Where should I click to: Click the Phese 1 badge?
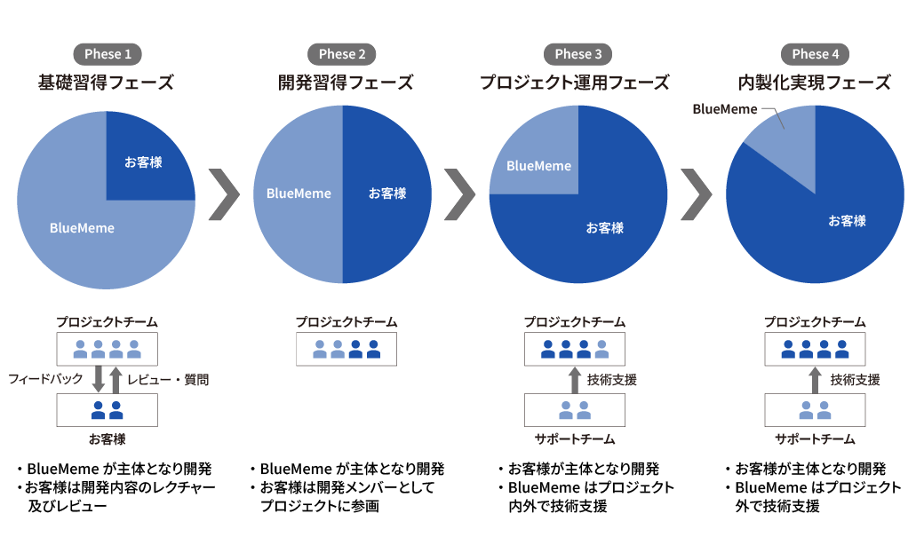pos(108,54)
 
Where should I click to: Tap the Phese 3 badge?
pos(577,54)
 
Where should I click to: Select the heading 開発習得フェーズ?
pos(346,83)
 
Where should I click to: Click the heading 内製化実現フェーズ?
pos(815,83)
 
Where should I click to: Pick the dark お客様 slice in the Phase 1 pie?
pos(143,162)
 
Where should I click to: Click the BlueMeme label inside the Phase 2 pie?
pos(299,194)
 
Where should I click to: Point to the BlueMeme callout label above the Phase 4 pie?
pos(725,109)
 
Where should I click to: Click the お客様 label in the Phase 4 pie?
pos(847,221)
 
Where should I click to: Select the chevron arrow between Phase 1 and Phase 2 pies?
pos(225,194)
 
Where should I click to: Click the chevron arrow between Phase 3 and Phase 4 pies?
pos(697,194)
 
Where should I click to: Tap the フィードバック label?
pos(45,379)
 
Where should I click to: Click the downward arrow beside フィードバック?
pos(99,379)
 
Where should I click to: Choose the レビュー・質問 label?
pos(168,380)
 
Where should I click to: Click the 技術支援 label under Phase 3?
pos(611,380)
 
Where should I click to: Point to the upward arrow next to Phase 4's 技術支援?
pos(815,381)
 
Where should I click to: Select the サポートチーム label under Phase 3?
pos(575,439)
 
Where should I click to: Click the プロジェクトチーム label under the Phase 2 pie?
pos(346,322)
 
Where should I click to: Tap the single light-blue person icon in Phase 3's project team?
pos(601,349)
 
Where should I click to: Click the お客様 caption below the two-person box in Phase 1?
pos(108,439)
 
